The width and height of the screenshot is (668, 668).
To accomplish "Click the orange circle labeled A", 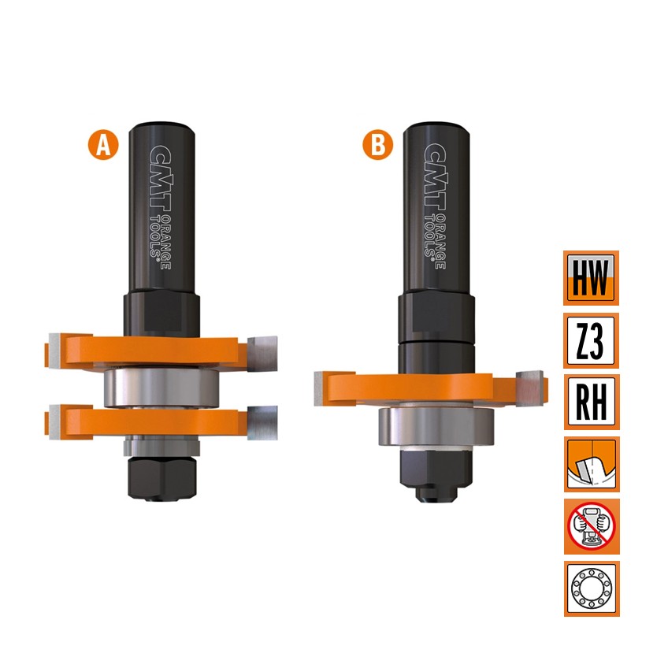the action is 103,145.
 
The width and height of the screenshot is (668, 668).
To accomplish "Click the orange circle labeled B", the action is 378,145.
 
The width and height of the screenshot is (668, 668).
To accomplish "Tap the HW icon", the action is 591,278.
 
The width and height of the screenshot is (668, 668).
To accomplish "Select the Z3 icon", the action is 591,340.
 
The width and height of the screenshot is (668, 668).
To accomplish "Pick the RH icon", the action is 591,403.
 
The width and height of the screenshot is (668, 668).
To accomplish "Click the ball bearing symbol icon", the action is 592,588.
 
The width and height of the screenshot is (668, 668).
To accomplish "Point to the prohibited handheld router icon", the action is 592,526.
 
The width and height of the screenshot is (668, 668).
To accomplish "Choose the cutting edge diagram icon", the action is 592,464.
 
